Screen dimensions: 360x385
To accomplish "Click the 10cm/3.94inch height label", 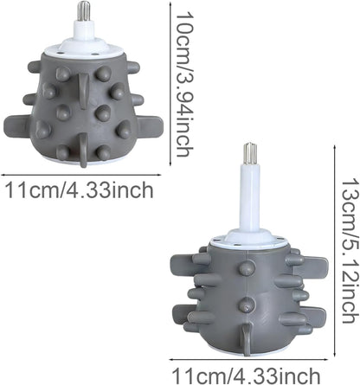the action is [x=184, y=84].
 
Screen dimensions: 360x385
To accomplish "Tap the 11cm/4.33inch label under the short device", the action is [x=80, y=189].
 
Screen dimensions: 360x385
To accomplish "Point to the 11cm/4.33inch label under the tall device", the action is [x=246, y=375].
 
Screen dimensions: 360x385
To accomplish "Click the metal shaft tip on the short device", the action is [x=85, y=11].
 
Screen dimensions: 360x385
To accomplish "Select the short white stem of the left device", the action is [x=85, y=29].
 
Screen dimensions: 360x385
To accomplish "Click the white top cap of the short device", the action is [x=83, y=48].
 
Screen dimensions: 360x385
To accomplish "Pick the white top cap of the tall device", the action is [x=250, y=241].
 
